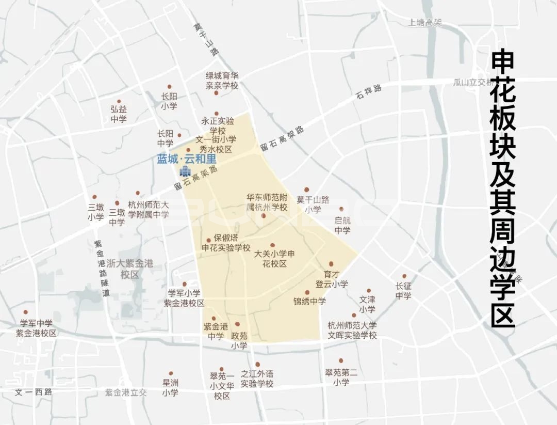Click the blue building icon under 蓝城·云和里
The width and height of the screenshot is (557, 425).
[184, 171]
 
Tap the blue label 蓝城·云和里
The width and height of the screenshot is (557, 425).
[187, 160]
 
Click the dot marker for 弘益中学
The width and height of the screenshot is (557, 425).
[119, 102]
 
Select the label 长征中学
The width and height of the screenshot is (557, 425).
[403, 291]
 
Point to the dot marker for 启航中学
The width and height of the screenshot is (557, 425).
[341, 209]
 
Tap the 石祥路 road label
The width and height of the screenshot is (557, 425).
[369, 92]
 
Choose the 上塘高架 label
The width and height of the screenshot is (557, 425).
[425, 23]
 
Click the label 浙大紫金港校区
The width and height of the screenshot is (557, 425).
[130, 269]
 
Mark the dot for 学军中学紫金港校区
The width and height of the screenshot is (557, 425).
[25, 312]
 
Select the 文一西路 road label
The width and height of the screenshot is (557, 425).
[34, 391]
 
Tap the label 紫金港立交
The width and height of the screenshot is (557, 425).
[126, 392]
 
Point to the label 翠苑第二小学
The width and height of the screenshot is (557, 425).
[341, 377]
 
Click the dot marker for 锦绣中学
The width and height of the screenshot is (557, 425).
[307, 292]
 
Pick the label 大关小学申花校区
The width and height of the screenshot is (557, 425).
[274, 259]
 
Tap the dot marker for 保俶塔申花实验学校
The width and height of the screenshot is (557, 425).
[209, 240]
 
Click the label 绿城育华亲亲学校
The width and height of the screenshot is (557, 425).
[222, 80]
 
